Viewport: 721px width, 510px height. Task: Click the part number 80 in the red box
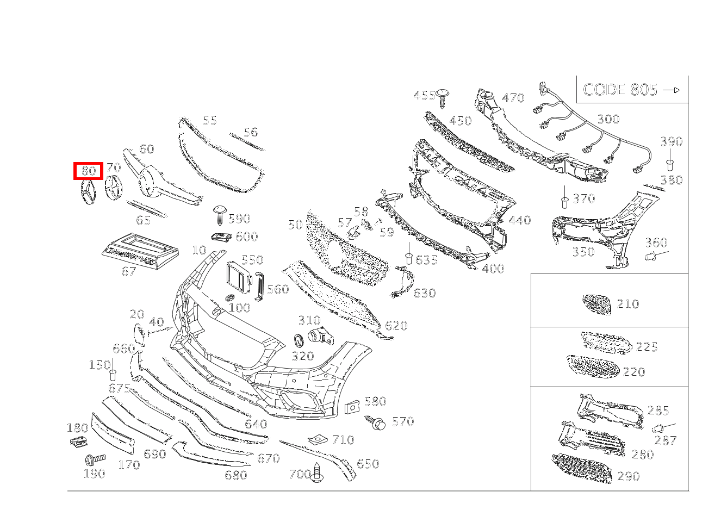[x=89, y=171]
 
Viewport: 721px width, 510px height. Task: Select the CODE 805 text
[x=620, y=90]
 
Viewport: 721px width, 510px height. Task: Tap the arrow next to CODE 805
[x=672, y=90]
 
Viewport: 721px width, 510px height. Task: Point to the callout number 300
[x=608, y=120]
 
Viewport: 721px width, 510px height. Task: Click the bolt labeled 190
[x=94, y=459]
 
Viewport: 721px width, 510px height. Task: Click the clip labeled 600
[x=221, y=237]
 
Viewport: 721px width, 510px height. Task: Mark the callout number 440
[x=520, y=220]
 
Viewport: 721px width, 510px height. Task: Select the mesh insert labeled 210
[x=596, y=304]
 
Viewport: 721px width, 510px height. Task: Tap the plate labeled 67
[x=140, y=250]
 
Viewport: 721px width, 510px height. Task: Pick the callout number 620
[x=396, y=326]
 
